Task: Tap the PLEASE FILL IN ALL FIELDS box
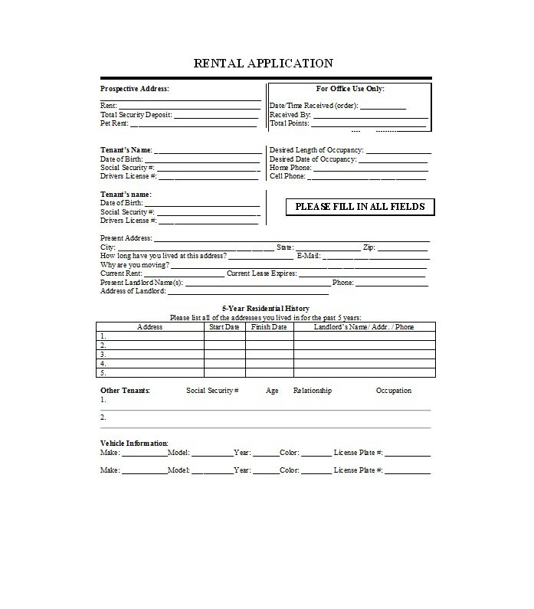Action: pyautogui.click(x=359, y=206)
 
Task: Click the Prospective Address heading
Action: pyautogui.click(x=135, y=89)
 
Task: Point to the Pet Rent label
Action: pyautogui.click(x=114, y=123)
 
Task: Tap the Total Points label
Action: pyautogui.click(x=288, y=123)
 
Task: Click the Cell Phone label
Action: pyautogui.click(x=287, y=176)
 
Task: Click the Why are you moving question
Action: pyautogui.click(x=135, y=265)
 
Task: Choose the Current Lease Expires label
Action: pyautogui.click(x=260, y=273)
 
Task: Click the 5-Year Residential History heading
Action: pyautogui.click(x=265, y=308)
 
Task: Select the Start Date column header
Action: pyautogui.click(x=224, y=327)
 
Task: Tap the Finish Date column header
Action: pyautogui.click(x=269, y=327)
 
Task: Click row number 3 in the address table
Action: pyautogui.click(x=103, y=355)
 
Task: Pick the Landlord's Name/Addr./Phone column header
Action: pyautogui.click(x=364, y=327)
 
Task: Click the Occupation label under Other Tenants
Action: pyautogui.click(x=393, y=391)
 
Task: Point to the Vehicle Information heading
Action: pyautogui.click(x=134, y=444)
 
